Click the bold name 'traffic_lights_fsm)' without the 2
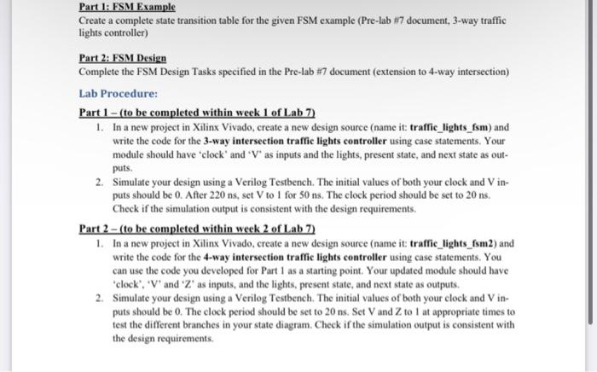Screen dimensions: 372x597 tap(446, 125)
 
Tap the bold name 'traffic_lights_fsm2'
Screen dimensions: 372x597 tap(449, 243)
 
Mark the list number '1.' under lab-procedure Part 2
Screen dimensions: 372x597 tap(100, 243)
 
